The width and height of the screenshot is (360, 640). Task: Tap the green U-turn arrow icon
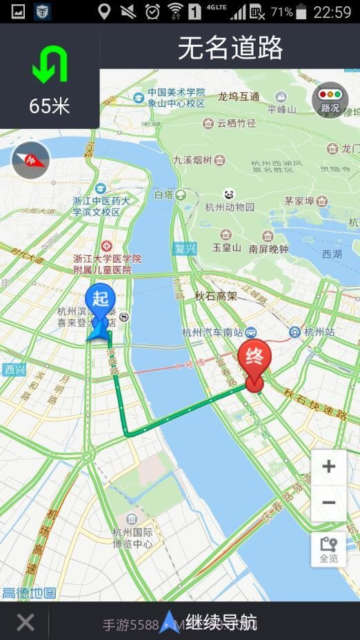pos(50,66)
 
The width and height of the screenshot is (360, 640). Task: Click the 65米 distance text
pos(50,106)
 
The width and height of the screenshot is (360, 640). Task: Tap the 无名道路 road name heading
pos(230,48)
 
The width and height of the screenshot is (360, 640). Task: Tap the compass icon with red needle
pos(31,160)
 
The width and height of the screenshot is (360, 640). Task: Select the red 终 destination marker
pos(254,360)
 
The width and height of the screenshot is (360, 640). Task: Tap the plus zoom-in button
pos(328,467)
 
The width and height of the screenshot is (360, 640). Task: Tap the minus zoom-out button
pos(328,503)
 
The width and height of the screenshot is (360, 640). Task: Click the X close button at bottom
pos(26,623)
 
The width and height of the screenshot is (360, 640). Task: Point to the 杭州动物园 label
pos(230,207)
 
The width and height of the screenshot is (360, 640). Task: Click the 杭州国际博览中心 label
pos(132,538)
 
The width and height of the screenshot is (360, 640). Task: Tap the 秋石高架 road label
pos(215,296)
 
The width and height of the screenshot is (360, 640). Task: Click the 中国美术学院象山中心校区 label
pos(177,97)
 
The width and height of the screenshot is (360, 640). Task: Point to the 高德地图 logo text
pos(29,592)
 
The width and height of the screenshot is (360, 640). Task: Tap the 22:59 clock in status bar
pos(332,12)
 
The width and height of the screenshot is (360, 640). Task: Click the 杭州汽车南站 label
pos(214,332)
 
